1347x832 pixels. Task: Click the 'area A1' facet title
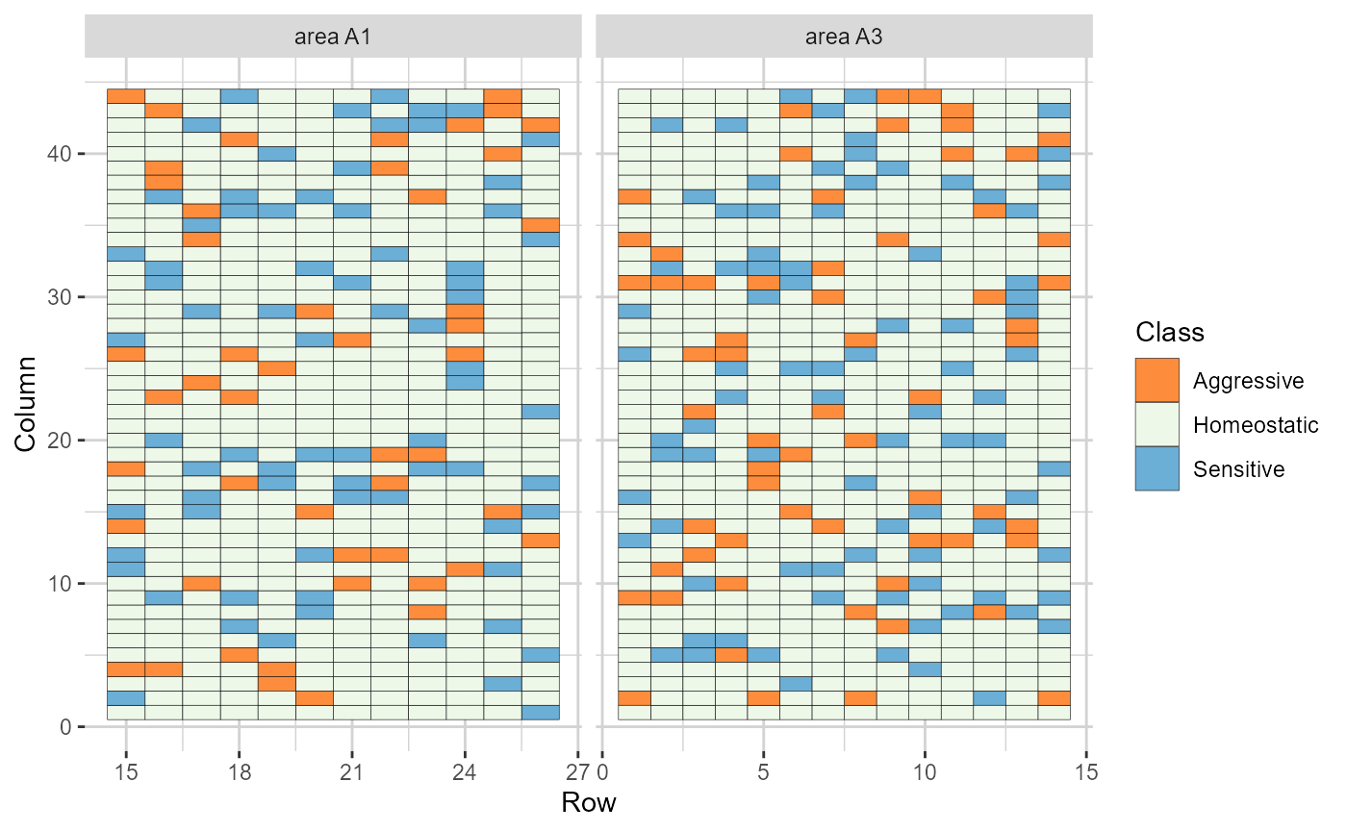point(333,38)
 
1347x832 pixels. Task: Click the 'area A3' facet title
point(844,38)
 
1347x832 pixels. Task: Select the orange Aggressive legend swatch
point(1156,380)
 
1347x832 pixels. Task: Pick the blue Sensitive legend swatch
point(1156,468)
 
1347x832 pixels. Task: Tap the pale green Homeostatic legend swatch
point(1156,424)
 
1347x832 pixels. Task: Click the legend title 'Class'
point(1167,333)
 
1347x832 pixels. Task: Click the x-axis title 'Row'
point(588,802)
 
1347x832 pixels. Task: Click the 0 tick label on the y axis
point(66,727)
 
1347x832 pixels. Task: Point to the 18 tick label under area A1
point(240,773)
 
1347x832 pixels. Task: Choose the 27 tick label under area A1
point(578,773)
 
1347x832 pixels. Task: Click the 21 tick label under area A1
point(352,773)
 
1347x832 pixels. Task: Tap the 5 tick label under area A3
point(764,773)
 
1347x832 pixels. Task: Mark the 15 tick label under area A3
point(1086,773)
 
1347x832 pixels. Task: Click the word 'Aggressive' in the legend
point(1248,381)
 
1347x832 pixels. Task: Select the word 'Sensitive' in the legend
point(1238,469)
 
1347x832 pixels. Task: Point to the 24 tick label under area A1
point(466,773)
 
